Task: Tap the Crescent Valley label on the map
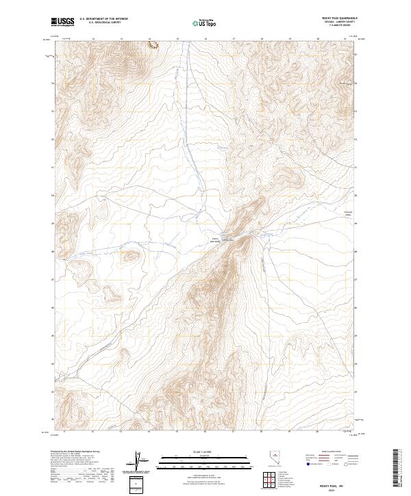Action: pos(347,213)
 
